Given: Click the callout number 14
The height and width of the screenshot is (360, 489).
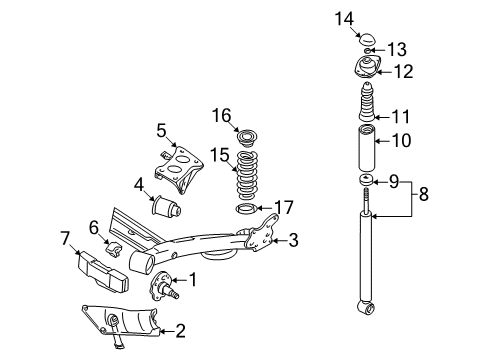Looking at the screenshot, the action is click(344, 19).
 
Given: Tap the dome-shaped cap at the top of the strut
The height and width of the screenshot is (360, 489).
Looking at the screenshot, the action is click(368, 39).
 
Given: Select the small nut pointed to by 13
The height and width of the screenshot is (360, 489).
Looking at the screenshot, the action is click(367, 51).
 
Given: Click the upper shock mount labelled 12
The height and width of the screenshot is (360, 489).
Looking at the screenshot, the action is click(367, 68).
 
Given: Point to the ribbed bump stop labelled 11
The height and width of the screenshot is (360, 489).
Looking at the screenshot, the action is click(367, 102).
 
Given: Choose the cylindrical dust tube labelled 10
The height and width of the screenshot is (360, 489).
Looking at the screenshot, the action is click(367, 147).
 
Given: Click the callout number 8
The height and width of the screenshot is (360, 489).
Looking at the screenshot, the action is click(423, 194).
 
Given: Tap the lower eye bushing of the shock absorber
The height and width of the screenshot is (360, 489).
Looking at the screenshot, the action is click(367, 308).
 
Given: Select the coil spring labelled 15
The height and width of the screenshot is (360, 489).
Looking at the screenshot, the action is click(248, 176).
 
